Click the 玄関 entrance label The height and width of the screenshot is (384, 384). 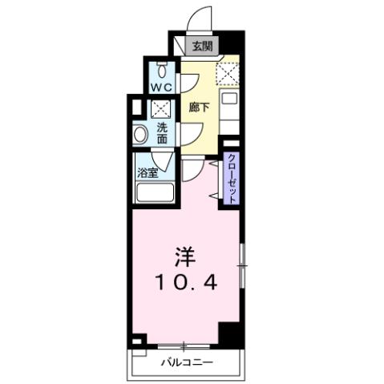pyautogui.click(x=202, y=45)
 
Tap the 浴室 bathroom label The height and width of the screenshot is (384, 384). pyautogui.click(x=146, y=172)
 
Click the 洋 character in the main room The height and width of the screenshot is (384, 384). pyautogui.click(x=185, y=257)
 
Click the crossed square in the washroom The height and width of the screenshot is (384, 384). pyautogui.click(x=160, y=107)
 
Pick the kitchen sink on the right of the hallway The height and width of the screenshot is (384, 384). pyautogui.click(x=229, y=101)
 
